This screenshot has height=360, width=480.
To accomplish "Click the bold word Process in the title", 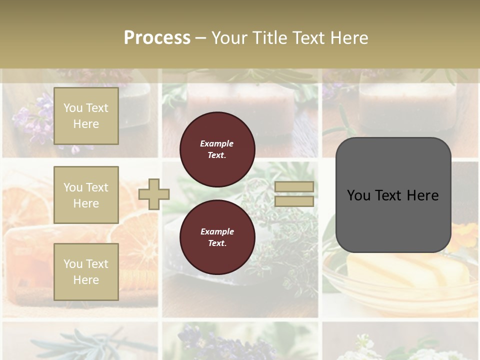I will tap(157, 38).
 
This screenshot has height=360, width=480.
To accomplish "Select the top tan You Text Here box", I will tap(86, 116).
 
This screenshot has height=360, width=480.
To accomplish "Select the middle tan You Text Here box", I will tap(86, 195).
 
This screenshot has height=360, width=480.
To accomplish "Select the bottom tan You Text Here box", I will tap(86, 272).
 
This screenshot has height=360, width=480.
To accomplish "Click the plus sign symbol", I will tap(154, 194).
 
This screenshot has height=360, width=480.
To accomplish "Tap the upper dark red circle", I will tap(217, 149).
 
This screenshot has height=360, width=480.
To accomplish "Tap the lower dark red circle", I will tap(217, 237).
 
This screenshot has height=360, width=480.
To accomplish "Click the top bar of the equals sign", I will tap(294, 187).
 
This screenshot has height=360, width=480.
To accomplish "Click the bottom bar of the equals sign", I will tap(294, 201).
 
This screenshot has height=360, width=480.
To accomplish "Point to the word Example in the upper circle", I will tap(217, 143).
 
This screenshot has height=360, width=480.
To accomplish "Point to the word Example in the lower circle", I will tap(217, 231).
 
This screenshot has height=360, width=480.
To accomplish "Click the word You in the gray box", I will tap(358, 195).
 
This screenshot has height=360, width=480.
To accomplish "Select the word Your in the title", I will tap(227, 38).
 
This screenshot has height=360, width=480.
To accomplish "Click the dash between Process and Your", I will tap(200, 38).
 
